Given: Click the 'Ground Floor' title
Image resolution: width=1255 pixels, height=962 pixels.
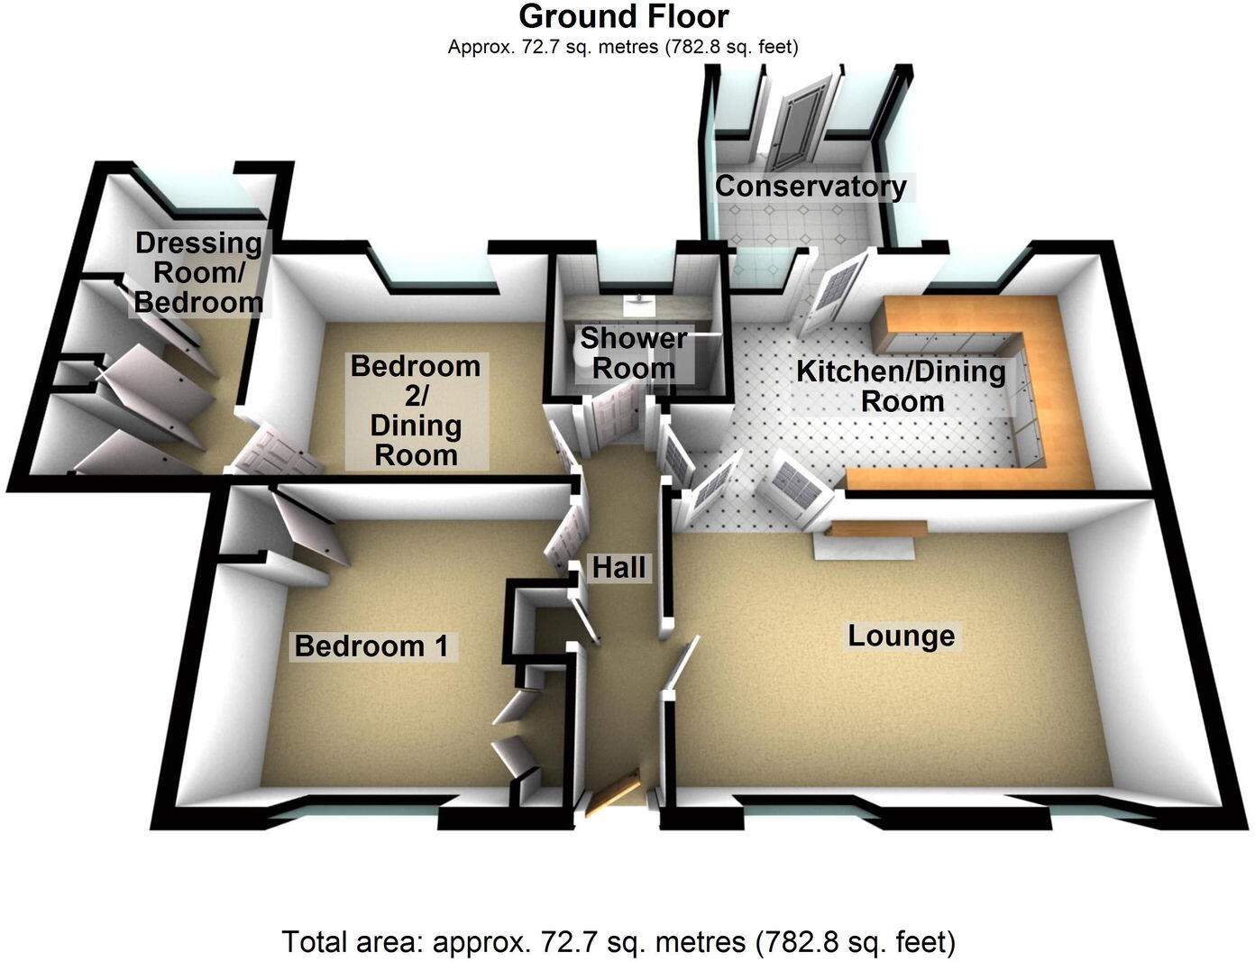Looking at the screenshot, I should pos(624,16).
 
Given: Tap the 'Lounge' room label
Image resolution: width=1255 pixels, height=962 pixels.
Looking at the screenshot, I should pos(901,636).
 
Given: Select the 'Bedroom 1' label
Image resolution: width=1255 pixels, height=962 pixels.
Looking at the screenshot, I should pos(371,646).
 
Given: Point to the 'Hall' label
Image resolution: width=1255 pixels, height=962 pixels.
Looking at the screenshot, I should pos(618,567).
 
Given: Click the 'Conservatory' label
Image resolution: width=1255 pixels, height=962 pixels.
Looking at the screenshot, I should pos(810,187).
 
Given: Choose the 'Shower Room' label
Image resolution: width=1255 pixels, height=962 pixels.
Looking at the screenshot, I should pos(633,353).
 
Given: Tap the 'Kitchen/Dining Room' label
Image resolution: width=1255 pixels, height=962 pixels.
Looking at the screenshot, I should pos(901,385).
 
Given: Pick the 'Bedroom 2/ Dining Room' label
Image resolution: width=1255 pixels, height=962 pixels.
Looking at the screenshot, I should pos(416,410).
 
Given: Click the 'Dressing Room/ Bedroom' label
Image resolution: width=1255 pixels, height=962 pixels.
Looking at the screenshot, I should pos(198,271).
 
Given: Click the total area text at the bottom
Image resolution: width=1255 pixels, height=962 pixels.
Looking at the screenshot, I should pos(618,942).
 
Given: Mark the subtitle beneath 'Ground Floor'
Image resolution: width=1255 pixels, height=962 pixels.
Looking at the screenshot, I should pos(623,47).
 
